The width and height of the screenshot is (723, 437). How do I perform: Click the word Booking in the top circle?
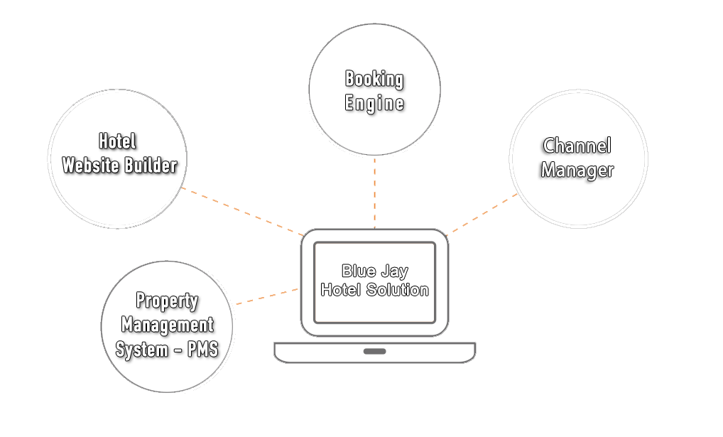coord(374,79)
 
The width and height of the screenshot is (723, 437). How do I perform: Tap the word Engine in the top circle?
coord(374,104)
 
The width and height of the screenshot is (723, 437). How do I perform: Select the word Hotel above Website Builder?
coord(117,141)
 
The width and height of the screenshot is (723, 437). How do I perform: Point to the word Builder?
coord(150,166)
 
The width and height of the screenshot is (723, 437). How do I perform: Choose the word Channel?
coord(576,146)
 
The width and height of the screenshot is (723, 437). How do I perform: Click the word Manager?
coord(576,171)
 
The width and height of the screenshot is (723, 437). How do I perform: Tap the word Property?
coord(167,301)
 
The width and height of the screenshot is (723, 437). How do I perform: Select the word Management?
coord(167,325)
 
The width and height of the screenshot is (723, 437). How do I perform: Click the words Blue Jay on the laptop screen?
coord(374,271)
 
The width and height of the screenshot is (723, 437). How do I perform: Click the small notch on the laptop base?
coord(374,351)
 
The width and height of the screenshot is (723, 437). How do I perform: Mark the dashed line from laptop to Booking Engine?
coord(374,192)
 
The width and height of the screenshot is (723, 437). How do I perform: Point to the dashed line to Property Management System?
coord(266,296)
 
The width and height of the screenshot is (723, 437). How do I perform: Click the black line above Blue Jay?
coord(374,263)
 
